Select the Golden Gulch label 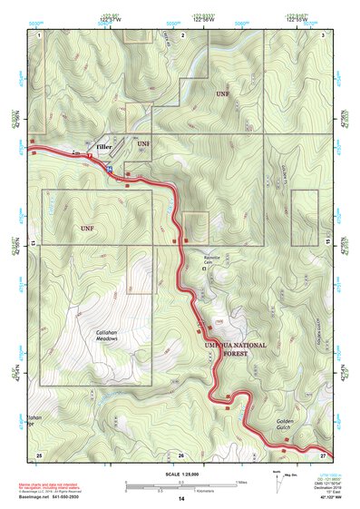coord(291,426)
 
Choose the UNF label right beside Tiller coord(143,144)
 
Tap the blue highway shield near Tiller coord(111,170)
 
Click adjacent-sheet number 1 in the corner coord(39,34)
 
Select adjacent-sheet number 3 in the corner coord(324,34)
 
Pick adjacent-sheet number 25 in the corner coord(38,454)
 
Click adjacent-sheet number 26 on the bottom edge coord(180,454)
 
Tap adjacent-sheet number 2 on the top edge coord(183,34)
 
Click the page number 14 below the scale coord(181,499)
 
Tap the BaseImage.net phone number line coord(54,497)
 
